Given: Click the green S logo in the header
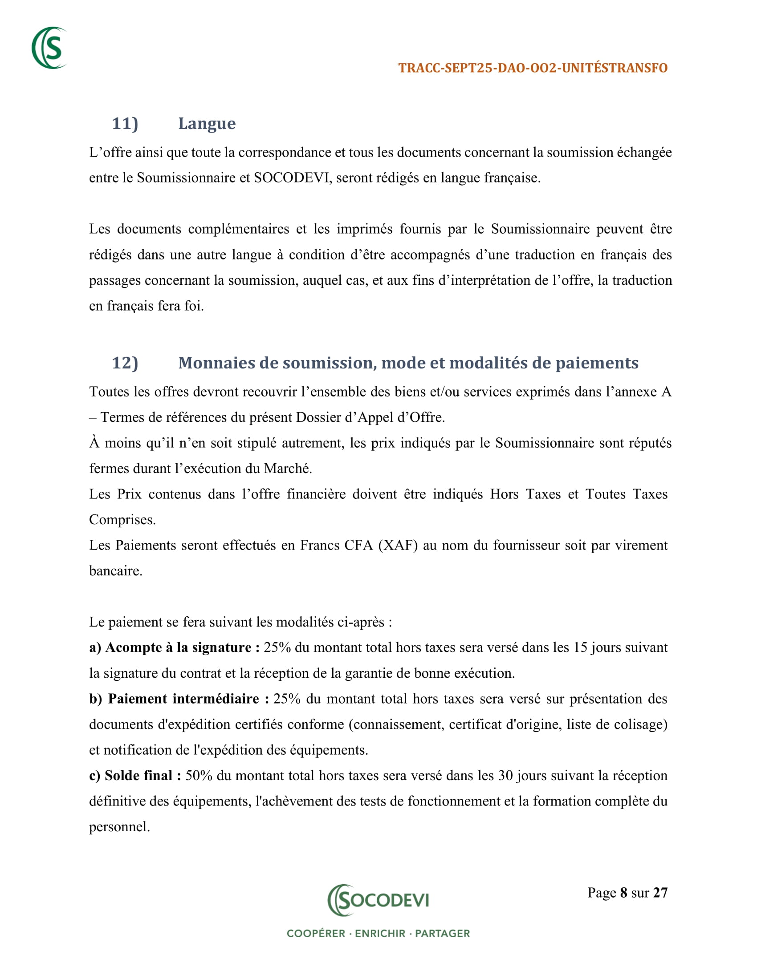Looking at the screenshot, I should (49, 48).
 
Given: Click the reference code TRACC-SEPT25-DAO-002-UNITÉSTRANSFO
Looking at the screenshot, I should (533, 68).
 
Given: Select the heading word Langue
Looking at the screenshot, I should (207, 124).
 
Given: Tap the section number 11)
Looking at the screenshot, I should (125, 124).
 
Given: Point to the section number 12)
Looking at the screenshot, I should (125, 363).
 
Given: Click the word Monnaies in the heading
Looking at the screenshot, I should (216, 363).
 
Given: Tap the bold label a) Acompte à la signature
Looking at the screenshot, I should (174, 648).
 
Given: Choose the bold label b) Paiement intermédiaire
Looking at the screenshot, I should (179, 699).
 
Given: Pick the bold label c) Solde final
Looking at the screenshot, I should (134, 776).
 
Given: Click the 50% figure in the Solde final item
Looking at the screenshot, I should (199, 776).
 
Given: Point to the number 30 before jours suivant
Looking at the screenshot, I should (505, 776).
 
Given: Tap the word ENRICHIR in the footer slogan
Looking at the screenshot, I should (380, 933).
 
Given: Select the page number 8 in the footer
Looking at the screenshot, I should (623, 893).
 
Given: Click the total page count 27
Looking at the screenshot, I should (660, 893).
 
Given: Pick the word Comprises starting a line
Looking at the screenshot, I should (122, 520).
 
